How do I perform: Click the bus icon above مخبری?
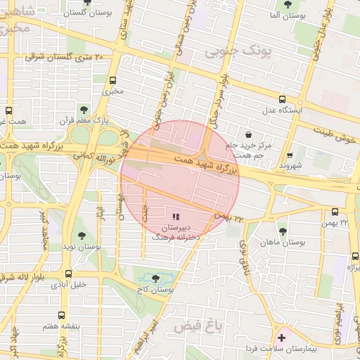112,79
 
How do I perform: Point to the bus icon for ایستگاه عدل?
282,99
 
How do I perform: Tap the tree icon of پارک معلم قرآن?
84,109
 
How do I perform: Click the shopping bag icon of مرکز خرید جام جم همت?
248,134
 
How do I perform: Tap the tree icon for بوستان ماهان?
283,231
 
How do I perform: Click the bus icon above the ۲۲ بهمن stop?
335,211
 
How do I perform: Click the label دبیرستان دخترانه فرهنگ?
176,233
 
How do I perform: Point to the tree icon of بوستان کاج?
155,278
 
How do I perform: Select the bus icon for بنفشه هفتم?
62,316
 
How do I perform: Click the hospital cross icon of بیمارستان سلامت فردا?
283,338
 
